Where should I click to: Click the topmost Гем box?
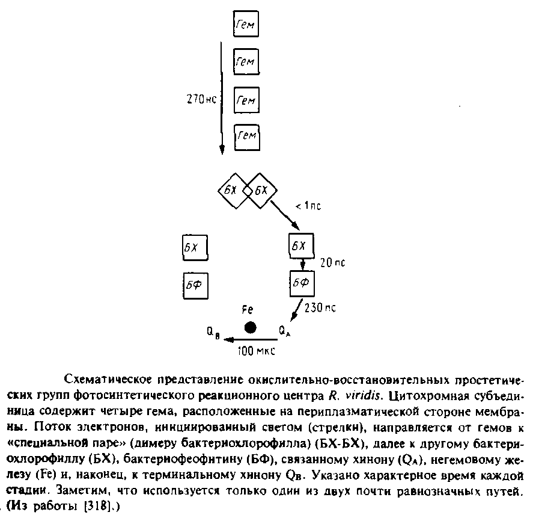[245, 25]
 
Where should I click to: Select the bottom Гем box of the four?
[245, 135]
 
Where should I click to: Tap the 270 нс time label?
[201, 100]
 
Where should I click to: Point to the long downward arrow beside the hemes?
[222, 96]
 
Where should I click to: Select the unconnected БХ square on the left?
[194, 247]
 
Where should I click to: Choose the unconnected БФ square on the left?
[194, 284]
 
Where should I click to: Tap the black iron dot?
[250, 327]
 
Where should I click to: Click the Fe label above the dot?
[248, 309]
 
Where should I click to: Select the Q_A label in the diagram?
[285, 330]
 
